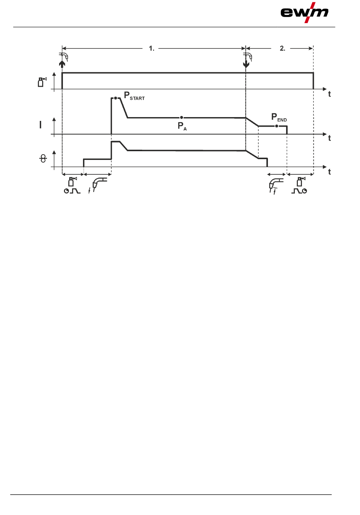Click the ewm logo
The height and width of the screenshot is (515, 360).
tap(304, 13)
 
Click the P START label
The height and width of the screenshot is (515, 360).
tap(134, 96)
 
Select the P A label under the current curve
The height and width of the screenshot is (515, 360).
tap(182, 126)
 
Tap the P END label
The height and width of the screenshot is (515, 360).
tap(279, 117)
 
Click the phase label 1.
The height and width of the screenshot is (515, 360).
tap(152, 48)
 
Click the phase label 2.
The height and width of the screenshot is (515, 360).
tap(283, 48)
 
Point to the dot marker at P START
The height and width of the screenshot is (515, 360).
tap(116, 98)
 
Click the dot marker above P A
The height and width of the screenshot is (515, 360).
tap(182, 117)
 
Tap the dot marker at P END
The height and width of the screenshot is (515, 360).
tap(277, 126)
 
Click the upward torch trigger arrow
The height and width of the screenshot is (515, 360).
tap(62, 64)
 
